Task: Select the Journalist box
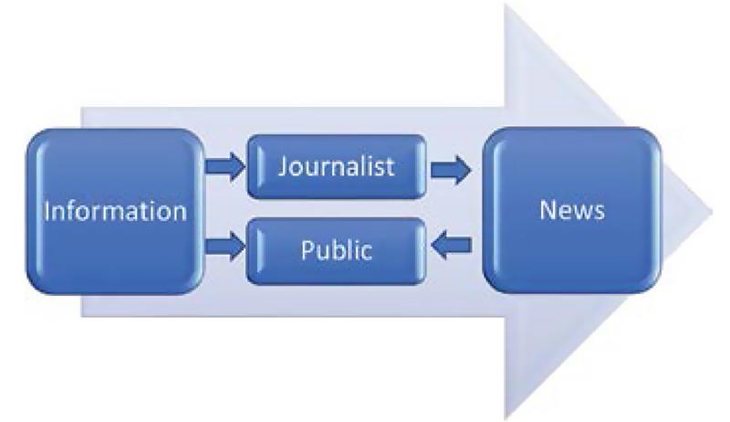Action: (338, 166)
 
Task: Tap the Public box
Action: (338, 249)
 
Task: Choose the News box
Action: (571, 210)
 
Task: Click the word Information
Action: (116, 212)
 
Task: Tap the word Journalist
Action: (338, 167)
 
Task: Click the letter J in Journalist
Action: (283, 167)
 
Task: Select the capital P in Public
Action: (307, 249)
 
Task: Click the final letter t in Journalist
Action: (391, 167)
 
